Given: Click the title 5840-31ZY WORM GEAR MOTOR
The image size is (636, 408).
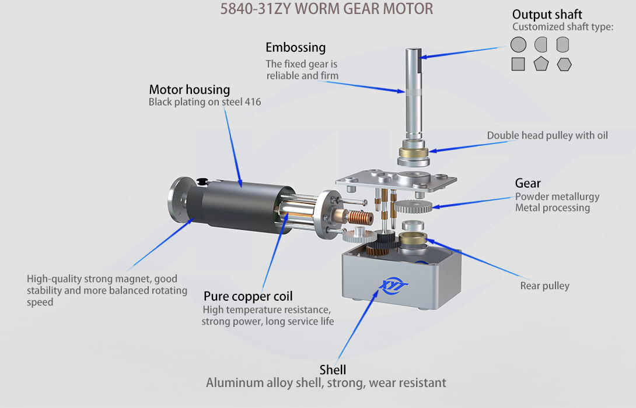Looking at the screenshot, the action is click(327, 9).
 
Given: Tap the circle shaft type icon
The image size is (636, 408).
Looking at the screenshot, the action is click(518, 44).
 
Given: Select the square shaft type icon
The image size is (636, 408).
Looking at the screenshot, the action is click(518, 64).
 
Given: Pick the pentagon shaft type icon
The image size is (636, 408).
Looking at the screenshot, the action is click(541, 64).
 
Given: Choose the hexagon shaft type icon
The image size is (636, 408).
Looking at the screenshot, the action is click(564, 64).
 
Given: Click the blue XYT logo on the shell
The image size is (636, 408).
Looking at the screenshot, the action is click(393, 285).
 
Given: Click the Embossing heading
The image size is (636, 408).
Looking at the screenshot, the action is click(295, 47).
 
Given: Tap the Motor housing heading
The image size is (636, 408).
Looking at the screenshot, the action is click(190, 89).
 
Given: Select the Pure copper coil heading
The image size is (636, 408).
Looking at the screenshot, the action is click(248, 296).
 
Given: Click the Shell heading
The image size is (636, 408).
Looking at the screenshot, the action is click(333, 370).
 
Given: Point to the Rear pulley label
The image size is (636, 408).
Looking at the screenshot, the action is click(545, 286).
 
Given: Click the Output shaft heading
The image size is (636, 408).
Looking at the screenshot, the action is click(547, 14).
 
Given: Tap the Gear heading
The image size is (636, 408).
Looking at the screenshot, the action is click(527, 183).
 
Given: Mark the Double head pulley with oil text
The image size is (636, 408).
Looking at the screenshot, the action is click(547, 135).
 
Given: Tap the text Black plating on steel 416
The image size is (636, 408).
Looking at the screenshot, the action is click(205, 101).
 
